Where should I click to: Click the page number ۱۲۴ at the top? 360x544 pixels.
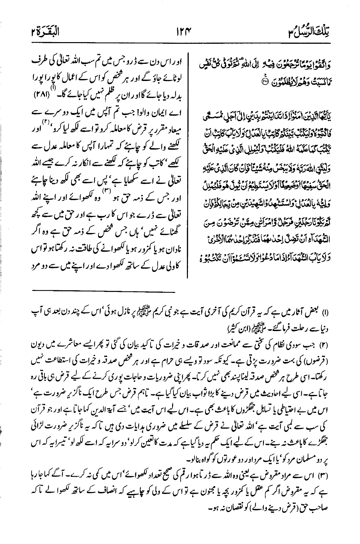click(x=181, y=32)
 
